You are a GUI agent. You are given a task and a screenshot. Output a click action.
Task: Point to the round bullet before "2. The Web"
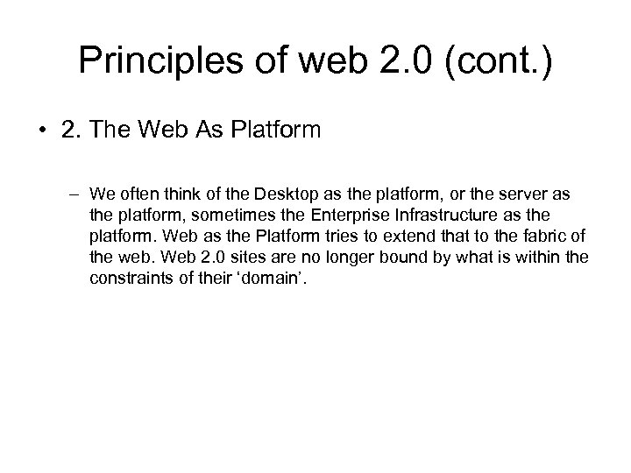click(44, 132)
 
